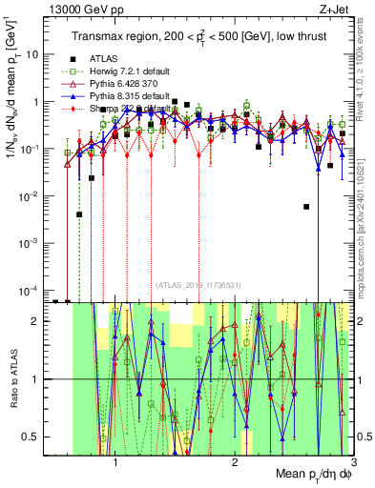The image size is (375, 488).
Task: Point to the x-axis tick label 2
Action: click(235, 460)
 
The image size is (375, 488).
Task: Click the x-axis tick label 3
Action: click(352, 460)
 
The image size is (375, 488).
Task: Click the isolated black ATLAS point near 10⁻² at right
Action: click(306, 206)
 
